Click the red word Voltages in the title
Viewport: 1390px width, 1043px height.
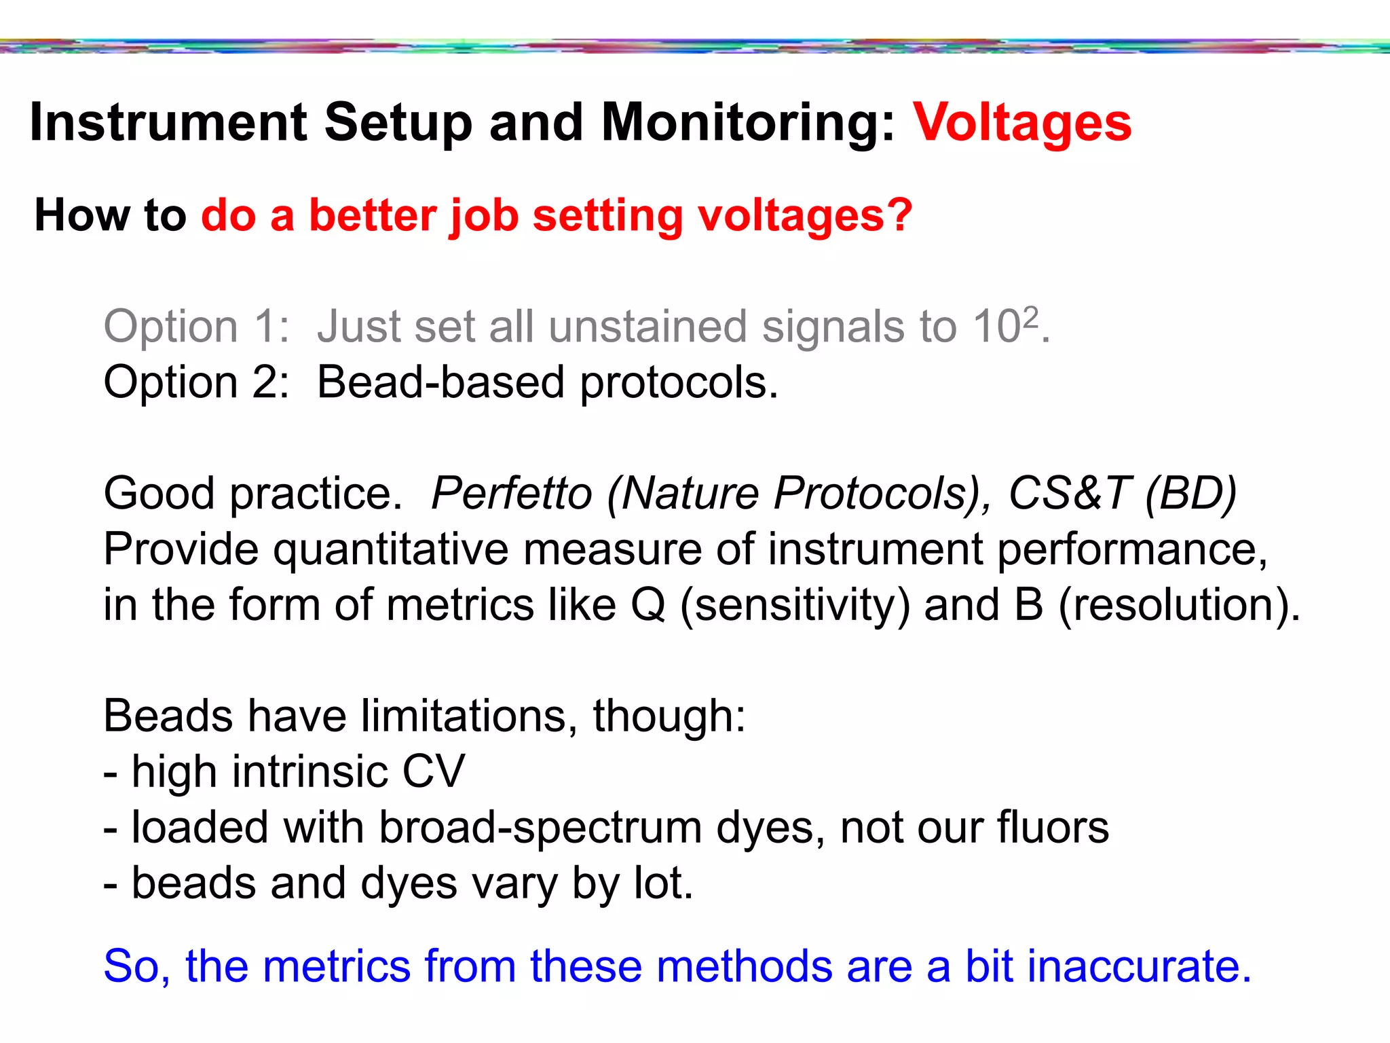coord(1021,124)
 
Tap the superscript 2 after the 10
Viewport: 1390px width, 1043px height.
coord(1030,316)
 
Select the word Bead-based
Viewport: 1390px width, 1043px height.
coord(440,382)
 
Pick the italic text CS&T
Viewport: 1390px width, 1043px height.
coord(1069,493)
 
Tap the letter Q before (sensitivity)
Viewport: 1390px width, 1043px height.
coord(648,604)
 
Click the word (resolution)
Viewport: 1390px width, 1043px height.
coord(1179,604)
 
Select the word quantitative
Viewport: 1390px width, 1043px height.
coord(390,549)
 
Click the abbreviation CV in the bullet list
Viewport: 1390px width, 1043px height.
coord(434,772)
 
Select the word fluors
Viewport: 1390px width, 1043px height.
coord(1053,828)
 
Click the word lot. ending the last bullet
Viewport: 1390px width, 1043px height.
coord(663,883)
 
